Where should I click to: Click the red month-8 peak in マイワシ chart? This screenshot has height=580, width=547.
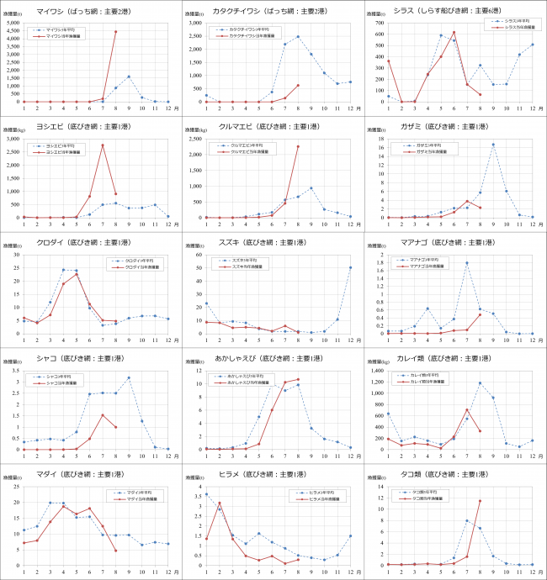[115, 31]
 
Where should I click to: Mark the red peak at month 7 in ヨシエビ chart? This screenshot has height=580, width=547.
[103, 145]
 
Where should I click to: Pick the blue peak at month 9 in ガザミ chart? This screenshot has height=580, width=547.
[493, 145]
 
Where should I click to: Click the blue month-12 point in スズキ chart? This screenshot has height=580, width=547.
[350, 267]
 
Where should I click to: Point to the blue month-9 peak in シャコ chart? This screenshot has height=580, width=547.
[129, 378]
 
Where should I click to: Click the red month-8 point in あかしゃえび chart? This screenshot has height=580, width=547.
[298, 379]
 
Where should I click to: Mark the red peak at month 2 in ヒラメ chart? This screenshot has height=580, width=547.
[220, 503]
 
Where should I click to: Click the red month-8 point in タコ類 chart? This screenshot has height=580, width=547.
[480, 501]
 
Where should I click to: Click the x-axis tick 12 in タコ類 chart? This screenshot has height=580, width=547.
[532, 572]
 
